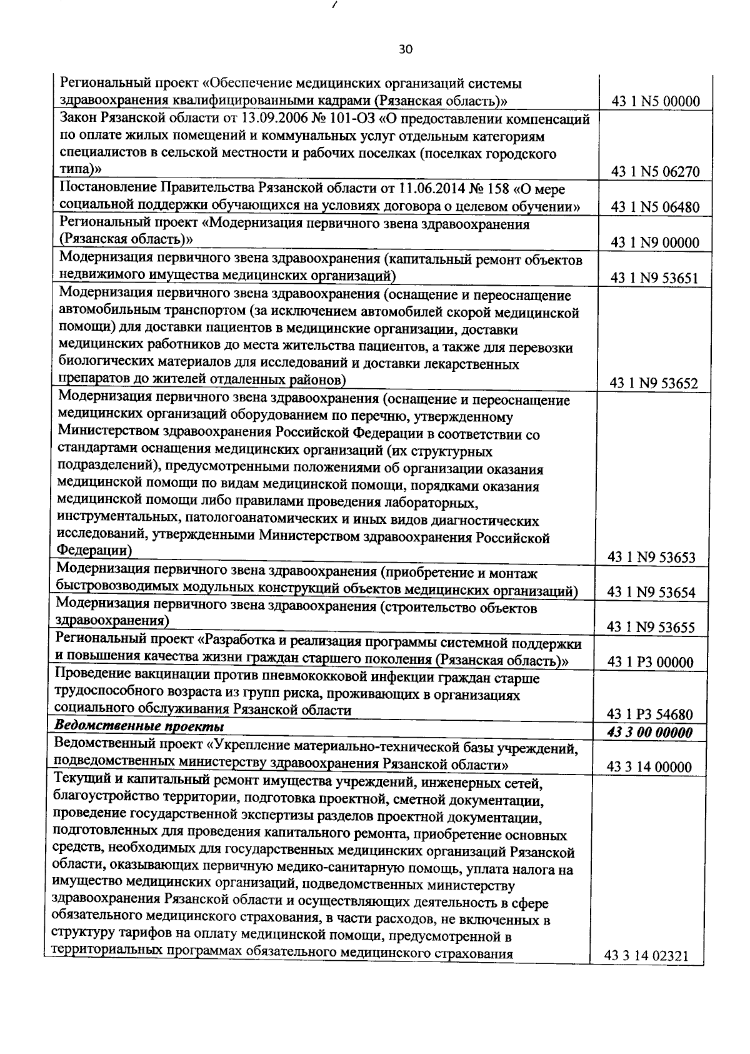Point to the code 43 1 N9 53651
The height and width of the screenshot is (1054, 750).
654,279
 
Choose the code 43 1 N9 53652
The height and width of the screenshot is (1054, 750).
654,384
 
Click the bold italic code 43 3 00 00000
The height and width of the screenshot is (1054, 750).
649,733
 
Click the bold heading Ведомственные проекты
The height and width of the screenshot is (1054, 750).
140,726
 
